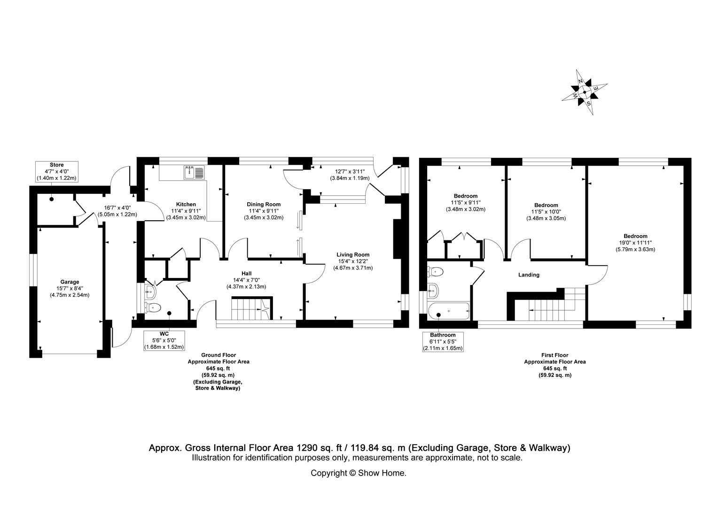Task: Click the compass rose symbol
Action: click(x=584, y=92)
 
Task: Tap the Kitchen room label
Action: click(x=186, y=211)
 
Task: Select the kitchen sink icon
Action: click(x=194, y=172)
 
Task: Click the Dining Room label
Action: click(x=264, y=211)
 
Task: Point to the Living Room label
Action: click(x=353, y=261)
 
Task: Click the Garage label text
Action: click(x=70, y=288)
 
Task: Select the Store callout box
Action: click(x=56, y=172)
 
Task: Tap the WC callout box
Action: click(x=164, y=340)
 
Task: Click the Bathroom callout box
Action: click(x=443, y=341)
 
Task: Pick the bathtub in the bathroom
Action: click(x=449, y=310)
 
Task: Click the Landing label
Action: click(x=529, y=275)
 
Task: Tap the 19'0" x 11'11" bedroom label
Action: click(x=635, y=243)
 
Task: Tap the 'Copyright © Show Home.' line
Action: click(x=358, y=473)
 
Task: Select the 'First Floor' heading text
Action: click(x=554, y=355)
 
